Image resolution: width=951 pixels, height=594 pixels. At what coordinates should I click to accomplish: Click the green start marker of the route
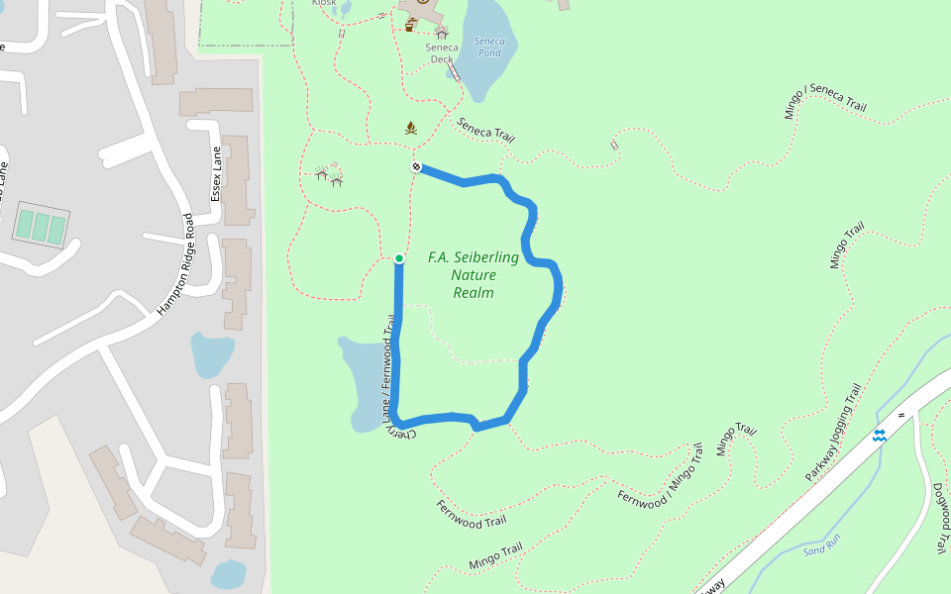point(399,258)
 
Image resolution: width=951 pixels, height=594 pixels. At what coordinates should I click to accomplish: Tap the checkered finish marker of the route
point(417,167)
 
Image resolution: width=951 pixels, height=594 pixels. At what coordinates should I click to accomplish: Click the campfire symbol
point(411,128)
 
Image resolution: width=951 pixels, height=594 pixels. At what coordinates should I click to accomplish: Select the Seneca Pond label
point(488,47)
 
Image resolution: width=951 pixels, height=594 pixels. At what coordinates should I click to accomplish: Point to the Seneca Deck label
point(442,52)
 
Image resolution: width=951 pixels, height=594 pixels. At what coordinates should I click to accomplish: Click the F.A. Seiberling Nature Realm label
point(474,274)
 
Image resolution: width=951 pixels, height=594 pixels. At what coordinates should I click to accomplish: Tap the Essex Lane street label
point(216,173)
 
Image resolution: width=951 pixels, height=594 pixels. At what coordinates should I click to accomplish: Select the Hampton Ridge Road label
point(177,264)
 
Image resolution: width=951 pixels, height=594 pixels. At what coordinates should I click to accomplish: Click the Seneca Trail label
point(484,130)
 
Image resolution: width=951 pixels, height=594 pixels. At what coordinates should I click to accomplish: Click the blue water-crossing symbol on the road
point(879,436)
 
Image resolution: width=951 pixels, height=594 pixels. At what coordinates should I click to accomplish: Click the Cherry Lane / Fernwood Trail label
point(387,371)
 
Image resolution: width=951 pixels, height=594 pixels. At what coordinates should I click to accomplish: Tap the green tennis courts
point(41,227)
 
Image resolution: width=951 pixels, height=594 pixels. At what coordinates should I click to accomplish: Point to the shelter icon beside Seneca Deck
point(442,33)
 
